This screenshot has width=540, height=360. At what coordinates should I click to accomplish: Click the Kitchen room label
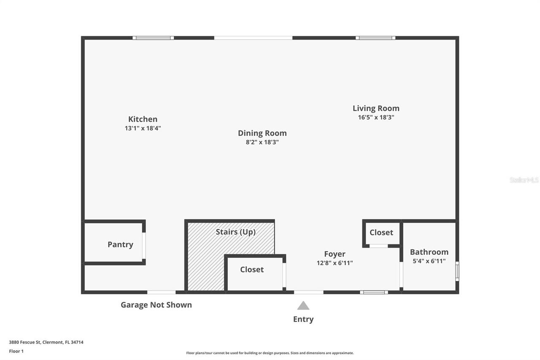[143, 119]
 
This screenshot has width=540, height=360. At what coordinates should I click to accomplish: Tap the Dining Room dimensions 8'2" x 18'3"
[262, 142]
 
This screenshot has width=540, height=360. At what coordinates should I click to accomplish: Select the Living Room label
[376, 108]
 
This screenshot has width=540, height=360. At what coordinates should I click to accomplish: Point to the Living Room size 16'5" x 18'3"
[376, 117]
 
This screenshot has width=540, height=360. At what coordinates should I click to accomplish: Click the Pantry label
[120, 244]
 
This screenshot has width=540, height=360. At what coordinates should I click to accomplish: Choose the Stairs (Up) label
[235, 232]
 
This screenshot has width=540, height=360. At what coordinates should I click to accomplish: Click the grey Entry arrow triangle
[303, 306]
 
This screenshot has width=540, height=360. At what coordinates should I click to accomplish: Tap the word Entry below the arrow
[303, 319]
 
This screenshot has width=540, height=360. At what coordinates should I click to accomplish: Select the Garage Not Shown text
[156, 305]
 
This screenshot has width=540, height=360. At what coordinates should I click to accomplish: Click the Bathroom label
[429, 252]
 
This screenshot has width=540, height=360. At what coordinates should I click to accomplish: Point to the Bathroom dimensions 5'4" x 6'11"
[429, 261]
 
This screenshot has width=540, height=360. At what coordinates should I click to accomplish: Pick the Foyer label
[335, 254]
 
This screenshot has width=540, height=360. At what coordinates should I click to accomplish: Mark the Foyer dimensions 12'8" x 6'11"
[335, 263]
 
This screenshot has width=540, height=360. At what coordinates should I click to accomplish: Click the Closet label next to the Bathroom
[381, 233]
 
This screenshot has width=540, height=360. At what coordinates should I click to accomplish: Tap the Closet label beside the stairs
[252, 270]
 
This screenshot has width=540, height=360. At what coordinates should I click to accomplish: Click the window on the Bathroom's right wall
[457, 271]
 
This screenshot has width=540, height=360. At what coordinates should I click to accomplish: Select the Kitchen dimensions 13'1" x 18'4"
[143, 128]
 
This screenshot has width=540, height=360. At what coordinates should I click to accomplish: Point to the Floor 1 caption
[16, 351]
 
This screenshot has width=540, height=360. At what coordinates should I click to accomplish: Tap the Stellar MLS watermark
[524, 180]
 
